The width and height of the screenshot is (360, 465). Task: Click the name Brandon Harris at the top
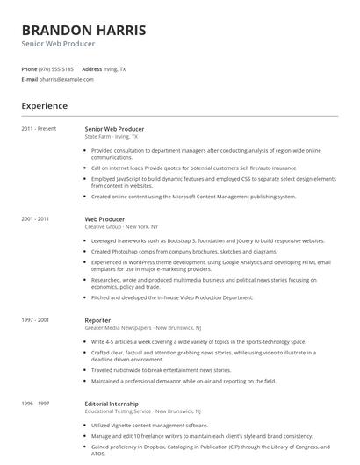(x=83, y=30)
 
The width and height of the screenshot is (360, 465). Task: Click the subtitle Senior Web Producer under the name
(x=58, y=44)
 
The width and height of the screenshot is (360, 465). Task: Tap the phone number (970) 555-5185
(x=56, y=68)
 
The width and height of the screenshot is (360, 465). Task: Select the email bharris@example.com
(x=66, y=79)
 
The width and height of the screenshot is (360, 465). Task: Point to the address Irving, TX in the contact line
(x=115, y=68)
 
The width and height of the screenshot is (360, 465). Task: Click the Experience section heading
(x=44, y=106)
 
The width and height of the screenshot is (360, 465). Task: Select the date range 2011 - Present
(x=39, y=129)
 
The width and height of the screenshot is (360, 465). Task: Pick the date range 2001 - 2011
(x=35, y=218)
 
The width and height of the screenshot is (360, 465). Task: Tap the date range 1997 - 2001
(x=35, y=320)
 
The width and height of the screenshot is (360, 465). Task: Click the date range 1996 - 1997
(x=35, y=403)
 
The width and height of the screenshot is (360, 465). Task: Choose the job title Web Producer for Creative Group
(x=104, y=218)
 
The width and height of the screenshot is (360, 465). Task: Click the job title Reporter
(x=98, y=320)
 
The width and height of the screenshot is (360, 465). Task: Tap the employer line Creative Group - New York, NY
(x=121, y=226)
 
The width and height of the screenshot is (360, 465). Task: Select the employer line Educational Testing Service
(x=142, y=411)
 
